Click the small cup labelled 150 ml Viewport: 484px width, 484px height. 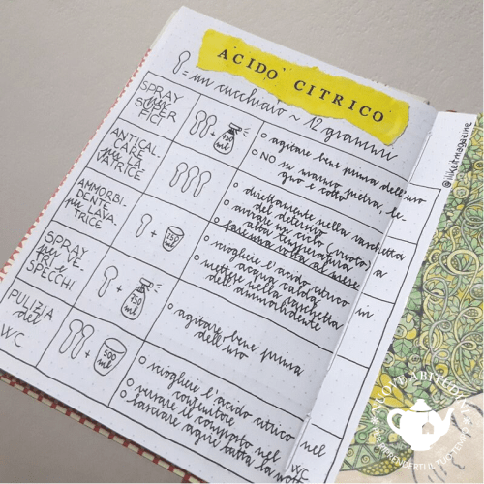point(173,237)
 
